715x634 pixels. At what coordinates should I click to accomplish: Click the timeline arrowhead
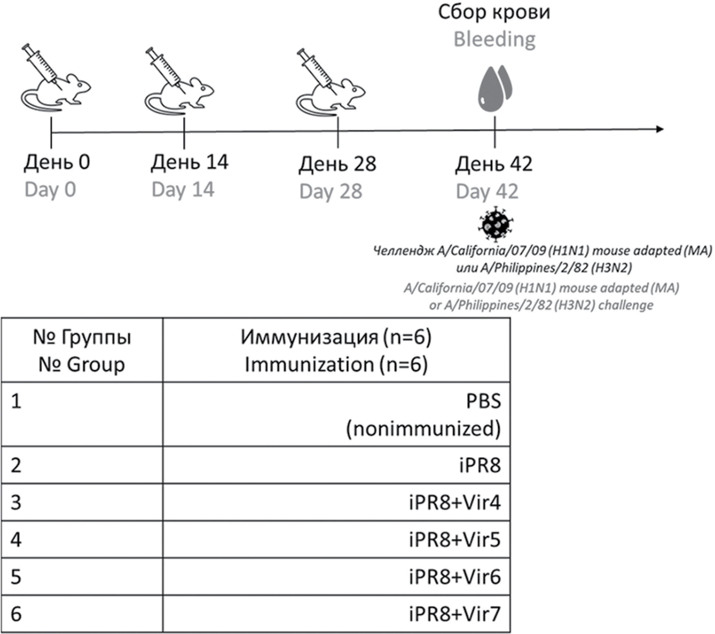(x=660, y=129)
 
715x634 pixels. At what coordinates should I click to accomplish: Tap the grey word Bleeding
(x=494, y=39)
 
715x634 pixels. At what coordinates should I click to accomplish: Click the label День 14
(x=189, y=162)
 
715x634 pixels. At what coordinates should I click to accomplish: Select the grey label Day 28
(x=331, y=192)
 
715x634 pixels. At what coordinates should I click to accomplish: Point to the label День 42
(x=494, y=164)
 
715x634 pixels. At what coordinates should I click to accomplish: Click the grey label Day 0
(x=50, y=190)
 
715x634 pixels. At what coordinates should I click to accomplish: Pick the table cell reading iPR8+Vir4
(x=455, y=503)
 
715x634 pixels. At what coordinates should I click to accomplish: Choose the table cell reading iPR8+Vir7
(x=455, y=614)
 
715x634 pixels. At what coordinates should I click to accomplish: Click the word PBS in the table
(x=483, y=401)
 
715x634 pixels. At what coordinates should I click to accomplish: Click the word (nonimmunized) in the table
(x=423, y=429)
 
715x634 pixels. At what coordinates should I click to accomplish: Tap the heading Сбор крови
(x=494, y=12)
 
